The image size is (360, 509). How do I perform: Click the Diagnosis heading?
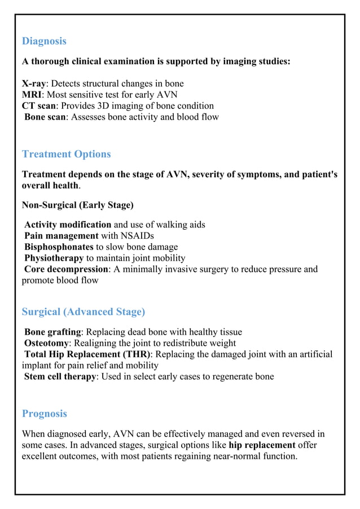coord(44,41)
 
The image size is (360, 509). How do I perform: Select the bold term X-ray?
coord(34,84)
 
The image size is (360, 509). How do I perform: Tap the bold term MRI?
coord(31,95)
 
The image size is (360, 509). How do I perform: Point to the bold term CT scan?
coord(39,106)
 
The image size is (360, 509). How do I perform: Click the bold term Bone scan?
coord(45,117)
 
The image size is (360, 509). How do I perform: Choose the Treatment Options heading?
coord(66,154)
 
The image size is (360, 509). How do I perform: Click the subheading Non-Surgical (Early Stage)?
coord(77,205)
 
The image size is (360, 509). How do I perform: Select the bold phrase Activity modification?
coord(68,225)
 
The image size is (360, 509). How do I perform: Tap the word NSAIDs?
coord(137,236)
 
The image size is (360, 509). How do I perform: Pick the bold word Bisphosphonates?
coord(59,247)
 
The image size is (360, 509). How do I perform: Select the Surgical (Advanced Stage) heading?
coord(83,312)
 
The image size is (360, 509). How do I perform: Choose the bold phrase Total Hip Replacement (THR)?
coord(87,354)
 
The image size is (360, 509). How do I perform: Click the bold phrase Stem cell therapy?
coord(60,377)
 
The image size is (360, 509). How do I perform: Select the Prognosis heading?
coord(45,414)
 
